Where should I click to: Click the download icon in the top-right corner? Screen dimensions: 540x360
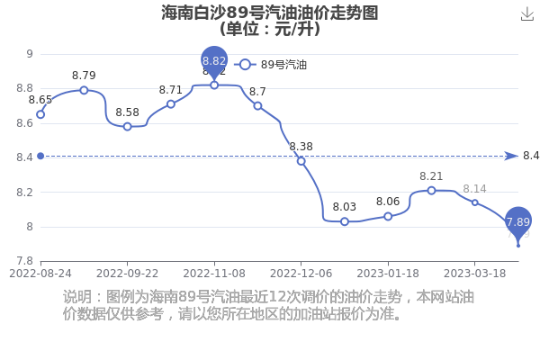(526, 14)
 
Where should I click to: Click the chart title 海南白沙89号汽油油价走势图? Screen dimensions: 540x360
(270, 13)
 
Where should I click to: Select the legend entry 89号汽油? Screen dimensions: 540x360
(270, 65)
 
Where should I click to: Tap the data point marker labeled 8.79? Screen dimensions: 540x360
(84, 90)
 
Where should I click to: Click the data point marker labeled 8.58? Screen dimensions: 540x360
(128, 126)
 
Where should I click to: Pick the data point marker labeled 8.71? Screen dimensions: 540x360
(171, 104)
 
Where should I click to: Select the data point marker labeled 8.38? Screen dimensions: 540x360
(301, 161)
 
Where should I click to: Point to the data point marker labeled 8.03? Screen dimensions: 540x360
(345, 221)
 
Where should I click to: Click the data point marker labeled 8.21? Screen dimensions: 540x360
(431, 191)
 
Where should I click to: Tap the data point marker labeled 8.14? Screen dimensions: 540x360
(475, 202)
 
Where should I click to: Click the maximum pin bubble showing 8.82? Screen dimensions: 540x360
(214, 61)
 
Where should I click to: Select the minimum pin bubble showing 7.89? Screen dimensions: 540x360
(518, 222)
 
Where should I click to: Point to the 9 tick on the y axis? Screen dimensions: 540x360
(30, 54)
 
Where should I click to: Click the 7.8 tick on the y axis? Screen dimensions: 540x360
(25, 261)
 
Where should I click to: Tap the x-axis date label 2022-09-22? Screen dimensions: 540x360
(128, 274)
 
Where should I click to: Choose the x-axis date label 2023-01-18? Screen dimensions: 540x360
(388, 274)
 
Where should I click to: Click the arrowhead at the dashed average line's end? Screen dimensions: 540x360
(511, 156)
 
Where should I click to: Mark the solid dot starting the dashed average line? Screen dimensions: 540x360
(40, 156)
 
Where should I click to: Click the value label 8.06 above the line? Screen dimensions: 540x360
(388, 202)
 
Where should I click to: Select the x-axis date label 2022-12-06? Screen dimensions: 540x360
(301, 274)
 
